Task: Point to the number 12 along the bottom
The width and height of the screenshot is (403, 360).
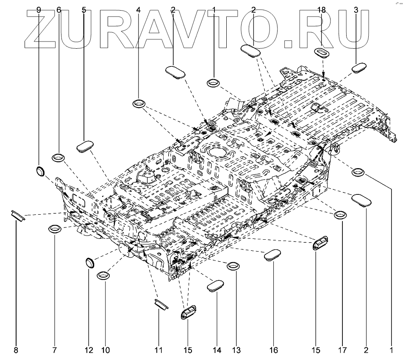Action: click(x=89, y=350)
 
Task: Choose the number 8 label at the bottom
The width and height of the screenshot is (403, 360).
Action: click(x=16, y=350)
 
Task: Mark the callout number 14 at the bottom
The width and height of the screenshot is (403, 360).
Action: click(x=217, y=350)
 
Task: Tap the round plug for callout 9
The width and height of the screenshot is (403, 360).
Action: click(x=40, y=172)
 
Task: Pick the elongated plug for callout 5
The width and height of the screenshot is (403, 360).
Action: click(x=85, y=146)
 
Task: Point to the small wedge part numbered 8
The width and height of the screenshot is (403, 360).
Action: click(x=18, y=215)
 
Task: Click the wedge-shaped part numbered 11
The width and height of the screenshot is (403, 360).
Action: click(x=160, y=304)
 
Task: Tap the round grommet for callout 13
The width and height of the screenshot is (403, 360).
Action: click(x=233, y=266)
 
